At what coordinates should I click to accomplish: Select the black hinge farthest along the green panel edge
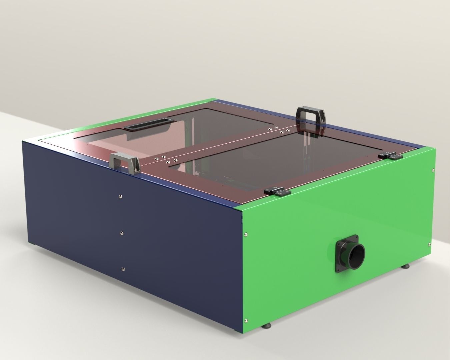(390, 155)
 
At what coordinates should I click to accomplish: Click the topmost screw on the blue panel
(120, 197)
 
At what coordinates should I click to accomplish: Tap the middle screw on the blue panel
(122, 233)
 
